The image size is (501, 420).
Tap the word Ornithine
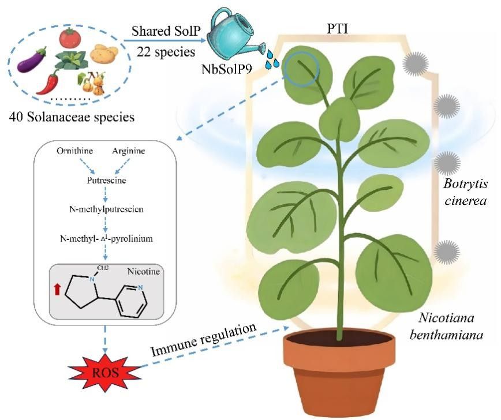click(x=73, y=152)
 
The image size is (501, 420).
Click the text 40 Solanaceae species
click(x=72, y=118)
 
